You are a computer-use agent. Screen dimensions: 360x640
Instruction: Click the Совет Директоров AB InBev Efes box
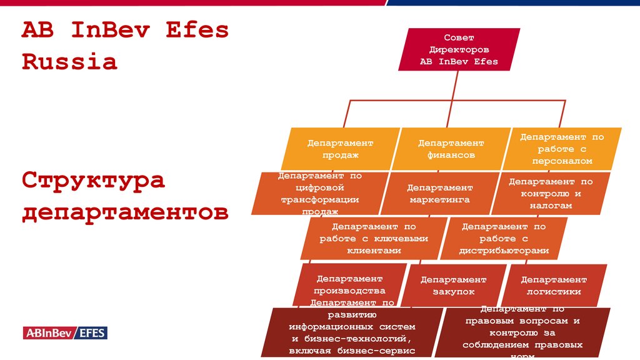click(x=459, y=49)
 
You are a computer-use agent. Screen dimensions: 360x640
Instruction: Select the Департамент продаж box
click(x=340, y=149)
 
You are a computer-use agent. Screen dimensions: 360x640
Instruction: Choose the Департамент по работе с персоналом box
click(x=562, y=148)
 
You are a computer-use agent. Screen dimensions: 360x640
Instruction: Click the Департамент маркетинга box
click(x=440, y=194)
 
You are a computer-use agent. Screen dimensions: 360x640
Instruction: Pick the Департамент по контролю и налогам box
click(x=550, y=193)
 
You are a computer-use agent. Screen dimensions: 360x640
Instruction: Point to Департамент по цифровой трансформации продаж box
click(x=319, y=194)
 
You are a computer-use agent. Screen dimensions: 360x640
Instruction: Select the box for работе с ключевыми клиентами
click(x=373, y=238)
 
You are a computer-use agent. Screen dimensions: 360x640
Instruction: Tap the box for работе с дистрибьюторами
click(x=504, y=238)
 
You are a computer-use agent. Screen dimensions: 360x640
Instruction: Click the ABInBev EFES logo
click(x=65, y=332)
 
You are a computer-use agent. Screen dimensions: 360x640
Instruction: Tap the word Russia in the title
click(x=69, y=62)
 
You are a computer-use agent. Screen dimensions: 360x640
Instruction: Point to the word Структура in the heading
click(x=93, y=181)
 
